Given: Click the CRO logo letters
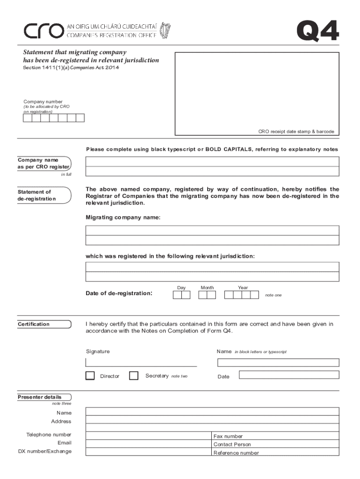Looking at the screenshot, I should point(43,31).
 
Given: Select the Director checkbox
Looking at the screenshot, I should point(90,376).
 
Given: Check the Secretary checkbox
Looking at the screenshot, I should point(134,376).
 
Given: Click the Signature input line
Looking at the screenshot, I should point(141,362).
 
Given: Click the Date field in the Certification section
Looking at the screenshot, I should point(289,375).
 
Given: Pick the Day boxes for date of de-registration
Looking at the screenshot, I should point(181,295).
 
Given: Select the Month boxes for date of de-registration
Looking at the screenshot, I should point(207,295).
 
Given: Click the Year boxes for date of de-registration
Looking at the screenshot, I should point(241,295).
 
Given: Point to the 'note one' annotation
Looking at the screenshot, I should point(274,295).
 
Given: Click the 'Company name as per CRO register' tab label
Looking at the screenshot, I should point(44,163).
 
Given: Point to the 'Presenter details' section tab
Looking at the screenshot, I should point(40,397).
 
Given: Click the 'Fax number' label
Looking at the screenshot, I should point(228,436).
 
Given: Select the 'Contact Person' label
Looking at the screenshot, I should point(232,444).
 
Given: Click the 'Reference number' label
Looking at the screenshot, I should point(236,453).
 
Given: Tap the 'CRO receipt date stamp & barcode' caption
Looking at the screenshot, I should point(296,131).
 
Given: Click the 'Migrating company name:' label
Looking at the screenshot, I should point(123,218).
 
